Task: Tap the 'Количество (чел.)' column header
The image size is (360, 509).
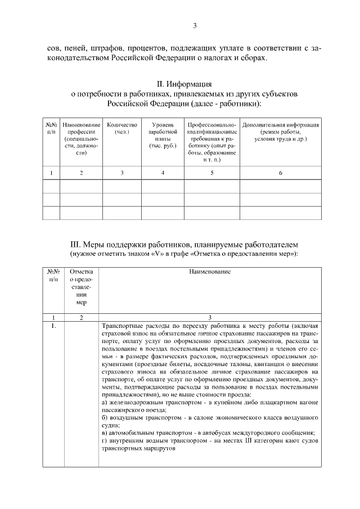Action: [x=122, y=128]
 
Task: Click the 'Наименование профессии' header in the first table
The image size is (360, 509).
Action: [x=82, y=138]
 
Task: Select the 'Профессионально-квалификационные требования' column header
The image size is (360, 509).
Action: [x=212, y=142]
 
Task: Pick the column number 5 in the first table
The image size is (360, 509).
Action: [x=212, y=173]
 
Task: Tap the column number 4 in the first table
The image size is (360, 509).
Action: [x=163, y=173]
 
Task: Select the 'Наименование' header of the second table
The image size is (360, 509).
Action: [x=210, y=272]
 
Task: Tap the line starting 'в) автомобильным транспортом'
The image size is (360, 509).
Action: [x=208, y=433]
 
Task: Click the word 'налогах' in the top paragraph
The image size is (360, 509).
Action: [x=224, y=58]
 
